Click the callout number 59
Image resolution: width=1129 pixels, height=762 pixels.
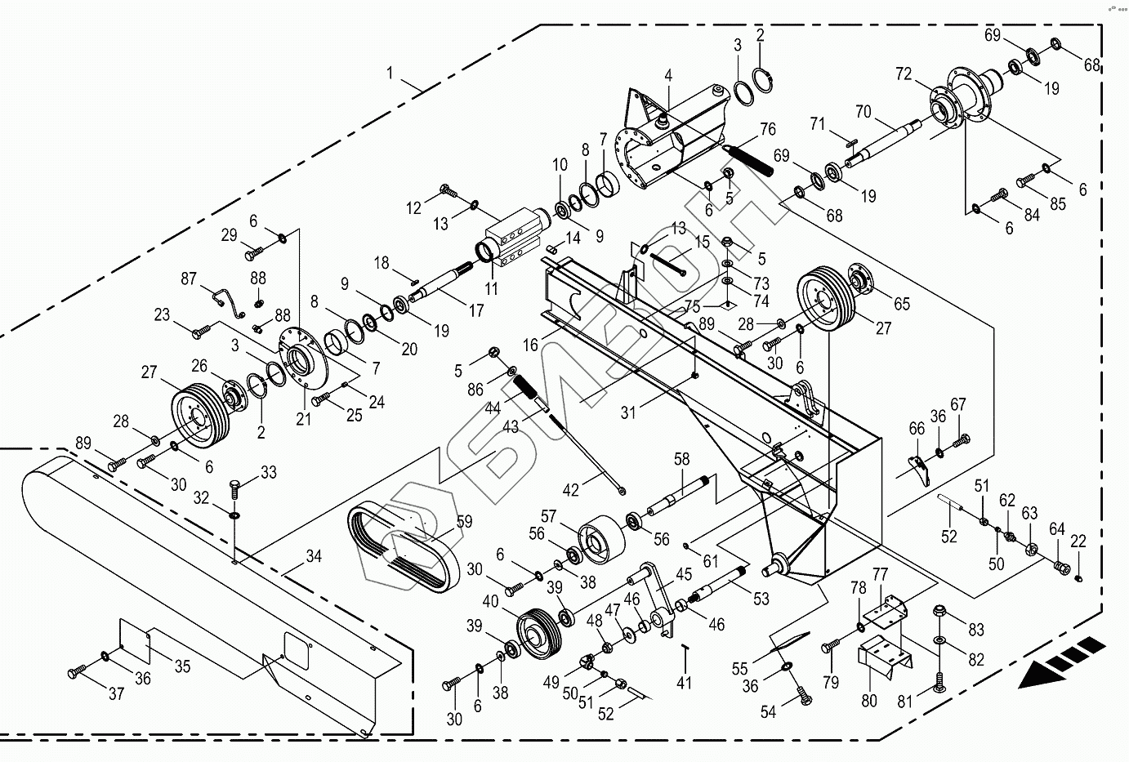pos(464,521)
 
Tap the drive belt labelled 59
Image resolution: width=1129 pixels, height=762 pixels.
pos(404,543)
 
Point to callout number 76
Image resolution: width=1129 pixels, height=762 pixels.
pos(767,129)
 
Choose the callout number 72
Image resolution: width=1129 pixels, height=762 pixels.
pos(903,75)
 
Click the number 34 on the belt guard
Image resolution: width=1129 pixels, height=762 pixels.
pos(314,557)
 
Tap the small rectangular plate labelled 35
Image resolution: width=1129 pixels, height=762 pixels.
pos(137,640)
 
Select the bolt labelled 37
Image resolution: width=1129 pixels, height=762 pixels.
pos(77,673)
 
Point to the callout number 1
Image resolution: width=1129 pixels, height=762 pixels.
pos(390,73)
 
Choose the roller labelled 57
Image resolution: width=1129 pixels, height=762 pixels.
pos(599,538)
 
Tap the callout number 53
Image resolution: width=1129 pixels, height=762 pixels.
pos(761,599)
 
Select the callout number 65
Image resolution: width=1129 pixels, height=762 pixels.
pos(901,304)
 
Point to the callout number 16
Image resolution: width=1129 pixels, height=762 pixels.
pos(531,345)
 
